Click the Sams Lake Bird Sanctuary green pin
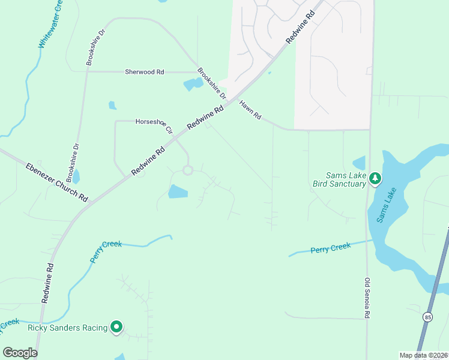pyautogui.click(x=375, y=178)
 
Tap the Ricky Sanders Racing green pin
pyautogui.click(x=116, y=327)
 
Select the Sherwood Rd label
pyautogui.click(x=144, y=72)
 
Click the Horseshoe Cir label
pyautogui.click(x=154, y=125)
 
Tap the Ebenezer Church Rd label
pyautogui.click(x=57, y=182)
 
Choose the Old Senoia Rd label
pyautogui.click(x=367, y=298)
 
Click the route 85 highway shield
pyautogui.click(x=427, y=317)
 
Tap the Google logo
pyautogui.click(x=20, y=353)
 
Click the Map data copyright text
pyautogui.click(x=423, y=355)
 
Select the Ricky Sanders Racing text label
pyautogui.click(x=67, y=328)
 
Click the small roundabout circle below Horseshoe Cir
pyautogui.click(x=187, y=170)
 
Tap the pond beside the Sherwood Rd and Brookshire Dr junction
pyautogui.click(x=193, y=84)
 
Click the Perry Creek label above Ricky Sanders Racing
pyautogui.click(x=105, y=251)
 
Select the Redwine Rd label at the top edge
pyautogui.click(x=301, y=27)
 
